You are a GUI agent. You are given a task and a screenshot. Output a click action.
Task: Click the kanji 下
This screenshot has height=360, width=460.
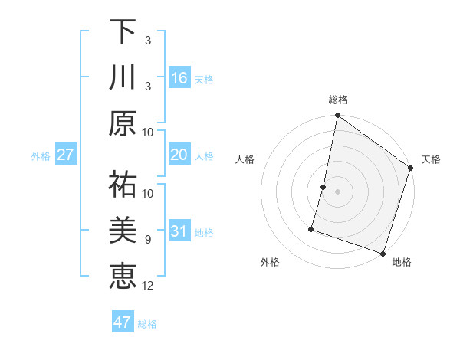click(x=123, y=33)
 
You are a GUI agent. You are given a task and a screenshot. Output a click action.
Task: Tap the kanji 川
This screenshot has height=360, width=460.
click(x=123, y=78)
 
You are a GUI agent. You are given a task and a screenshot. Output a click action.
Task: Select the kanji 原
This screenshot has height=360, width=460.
click(x=123, y=124)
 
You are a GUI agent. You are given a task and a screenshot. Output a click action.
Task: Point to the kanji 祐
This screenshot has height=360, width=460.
click(x=123, y=184)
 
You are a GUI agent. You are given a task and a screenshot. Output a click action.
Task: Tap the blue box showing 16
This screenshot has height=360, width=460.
click(x=179, y=78)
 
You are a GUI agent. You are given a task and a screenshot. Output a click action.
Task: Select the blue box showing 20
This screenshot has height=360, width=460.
click(x=179, y=155)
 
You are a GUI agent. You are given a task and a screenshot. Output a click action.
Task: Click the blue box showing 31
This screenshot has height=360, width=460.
click(x=179, y=232)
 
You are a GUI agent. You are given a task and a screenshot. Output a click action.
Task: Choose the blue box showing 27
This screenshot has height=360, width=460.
click(x=65, y=155)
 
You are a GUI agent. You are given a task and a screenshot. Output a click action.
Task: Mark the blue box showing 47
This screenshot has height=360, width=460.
click(x=123, y=322)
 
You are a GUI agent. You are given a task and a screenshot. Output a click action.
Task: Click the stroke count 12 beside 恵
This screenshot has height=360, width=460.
click(x=148, y=286)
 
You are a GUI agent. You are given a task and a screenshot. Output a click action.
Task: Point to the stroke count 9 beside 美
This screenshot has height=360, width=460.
click(x=148, y=240)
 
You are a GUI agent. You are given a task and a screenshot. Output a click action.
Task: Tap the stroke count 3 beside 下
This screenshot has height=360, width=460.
click(x=148, y=40)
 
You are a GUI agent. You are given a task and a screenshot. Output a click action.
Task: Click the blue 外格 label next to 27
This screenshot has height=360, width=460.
click(x=41, y=156)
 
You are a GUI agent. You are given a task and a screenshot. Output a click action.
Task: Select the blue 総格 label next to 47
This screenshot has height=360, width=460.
click(x=147, y=323)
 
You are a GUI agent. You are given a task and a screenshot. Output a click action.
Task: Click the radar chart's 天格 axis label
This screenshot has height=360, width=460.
click(x=431, y=159)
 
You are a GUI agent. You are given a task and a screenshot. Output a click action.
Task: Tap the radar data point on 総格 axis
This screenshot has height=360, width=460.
click(x=337, y=116)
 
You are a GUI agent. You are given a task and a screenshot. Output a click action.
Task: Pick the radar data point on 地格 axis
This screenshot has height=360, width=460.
click(x=383, y=253)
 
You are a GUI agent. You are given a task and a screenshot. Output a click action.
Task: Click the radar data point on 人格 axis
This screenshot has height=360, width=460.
click(x=324, y=187)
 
